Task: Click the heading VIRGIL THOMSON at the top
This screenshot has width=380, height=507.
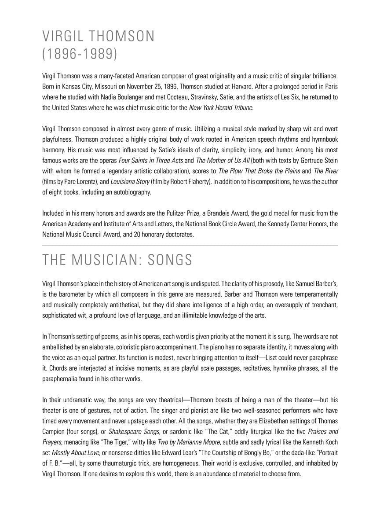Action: point(99,36)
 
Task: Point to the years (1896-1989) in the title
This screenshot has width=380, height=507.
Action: point(80,54)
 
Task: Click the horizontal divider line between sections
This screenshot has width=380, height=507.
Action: point(190,245)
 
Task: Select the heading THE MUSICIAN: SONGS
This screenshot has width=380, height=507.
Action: point(117,260)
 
